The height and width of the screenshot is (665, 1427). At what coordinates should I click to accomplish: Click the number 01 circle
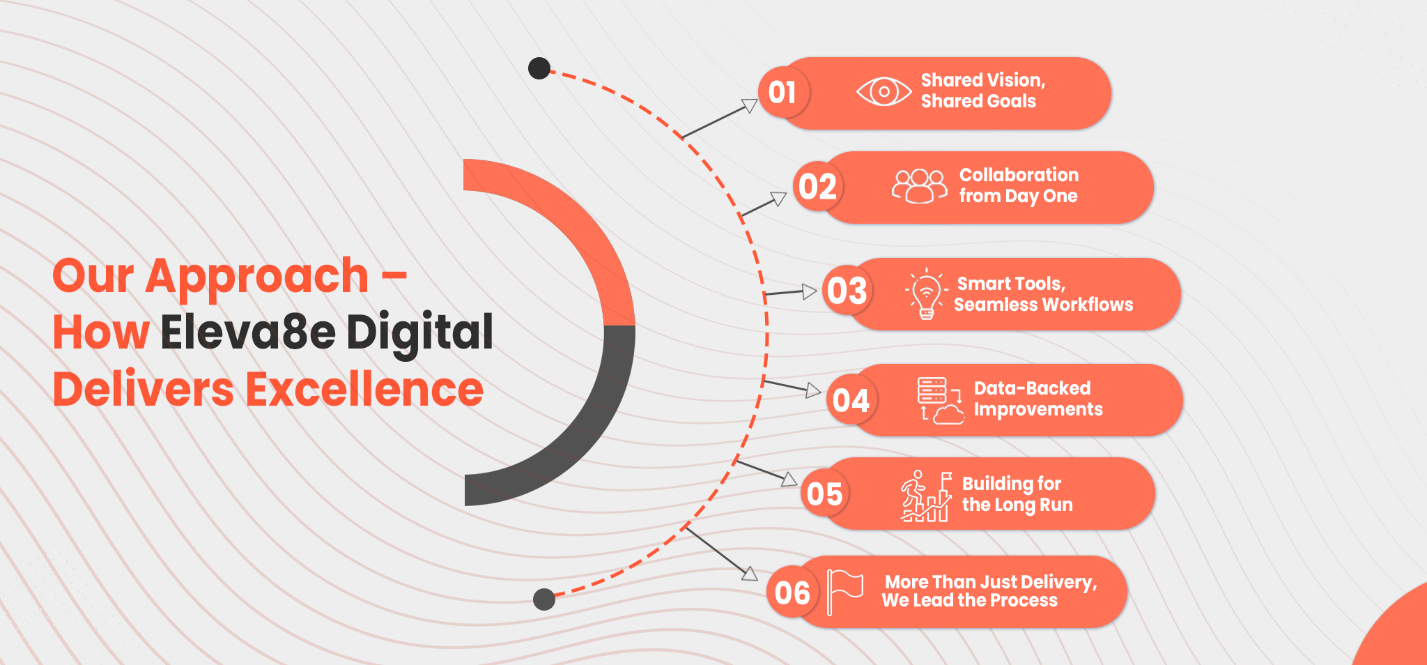tap(783, 92)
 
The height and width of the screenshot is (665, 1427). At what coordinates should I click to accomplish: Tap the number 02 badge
tap(818, 187)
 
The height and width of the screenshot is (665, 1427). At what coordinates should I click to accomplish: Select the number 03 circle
tap(847, 291)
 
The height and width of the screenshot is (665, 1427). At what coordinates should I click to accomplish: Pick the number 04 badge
tap(851, 400)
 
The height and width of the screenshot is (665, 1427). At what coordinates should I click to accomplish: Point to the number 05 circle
tap(825, 494)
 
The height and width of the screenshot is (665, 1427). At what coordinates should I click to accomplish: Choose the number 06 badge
tap(792, 593)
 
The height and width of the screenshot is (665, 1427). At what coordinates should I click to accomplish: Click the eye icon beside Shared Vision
tap(884, 91)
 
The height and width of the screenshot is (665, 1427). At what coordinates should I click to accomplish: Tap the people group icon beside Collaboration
tap(920, 186)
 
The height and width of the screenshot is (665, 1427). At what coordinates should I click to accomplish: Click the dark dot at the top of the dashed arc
tap(539, 68)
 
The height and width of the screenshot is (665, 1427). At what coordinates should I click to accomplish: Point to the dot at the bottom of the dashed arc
tap(544, 599)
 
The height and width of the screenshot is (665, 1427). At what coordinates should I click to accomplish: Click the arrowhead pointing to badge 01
tap(750, 105)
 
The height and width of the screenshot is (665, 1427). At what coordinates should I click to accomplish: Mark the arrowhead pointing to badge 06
tap(750, 574)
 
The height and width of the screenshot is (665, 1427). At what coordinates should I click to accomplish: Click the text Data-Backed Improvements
tap(1038, 399)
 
